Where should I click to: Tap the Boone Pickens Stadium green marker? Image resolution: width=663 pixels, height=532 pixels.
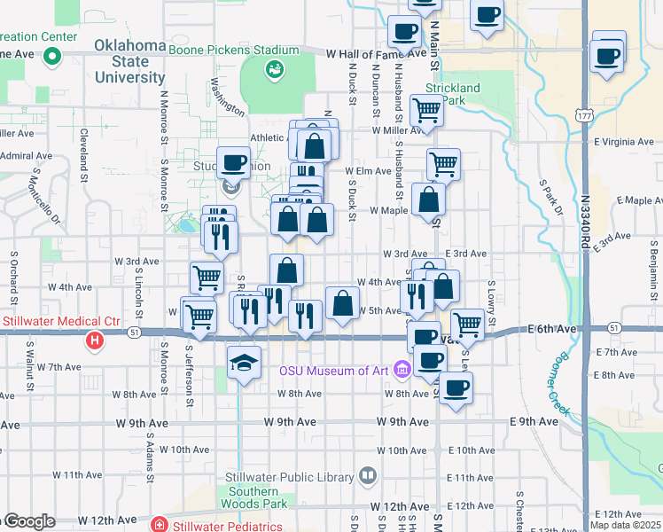coord(275,68)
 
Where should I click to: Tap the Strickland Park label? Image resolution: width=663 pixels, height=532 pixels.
coord(452,94)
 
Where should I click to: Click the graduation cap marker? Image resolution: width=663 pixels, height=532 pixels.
coord(244,362)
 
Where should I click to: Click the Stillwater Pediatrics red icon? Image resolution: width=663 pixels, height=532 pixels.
coord(159,524)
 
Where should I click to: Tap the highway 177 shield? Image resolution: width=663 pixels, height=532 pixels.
coord(583,115)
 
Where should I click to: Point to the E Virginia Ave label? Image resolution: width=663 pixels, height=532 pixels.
coord(624,141)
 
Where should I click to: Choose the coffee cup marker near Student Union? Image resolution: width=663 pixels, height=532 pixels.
coord(233,162)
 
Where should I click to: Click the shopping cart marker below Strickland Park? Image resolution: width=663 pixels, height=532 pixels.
coord(427,112)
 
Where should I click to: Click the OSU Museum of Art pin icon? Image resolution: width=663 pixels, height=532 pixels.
coord(403,369)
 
